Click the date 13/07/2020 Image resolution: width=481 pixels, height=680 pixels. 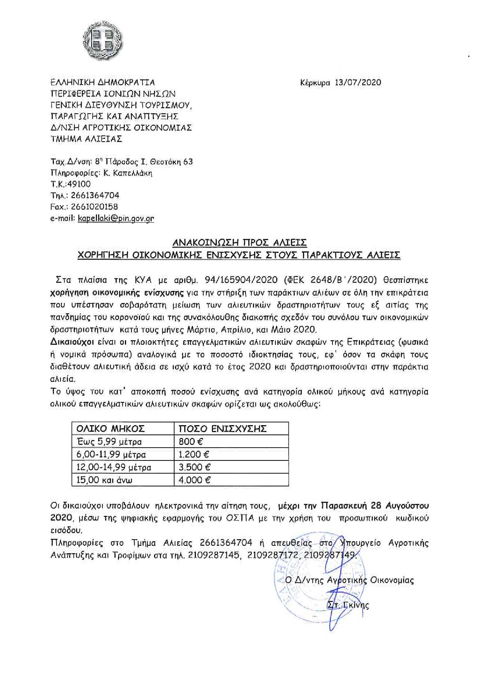click(358, 82)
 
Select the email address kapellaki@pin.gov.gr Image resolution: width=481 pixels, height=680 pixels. click(116, 218)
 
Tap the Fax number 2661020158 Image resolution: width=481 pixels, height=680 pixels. click(94, 207)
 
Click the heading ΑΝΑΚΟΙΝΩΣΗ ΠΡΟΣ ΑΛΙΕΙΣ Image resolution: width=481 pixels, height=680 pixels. click(240, 243)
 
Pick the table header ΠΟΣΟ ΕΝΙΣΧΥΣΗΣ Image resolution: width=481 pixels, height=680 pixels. click(222, 429)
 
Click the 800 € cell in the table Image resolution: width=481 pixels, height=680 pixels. click(191, 441)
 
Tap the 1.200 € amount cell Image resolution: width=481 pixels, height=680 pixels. click(195, 454)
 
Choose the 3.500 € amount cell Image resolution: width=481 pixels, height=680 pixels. click(195, 467)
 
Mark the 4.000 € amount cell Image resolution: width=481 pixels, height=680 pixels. click(195, 480)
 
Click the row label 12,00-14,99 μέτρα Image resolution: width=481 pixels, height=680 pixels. click(114, 467)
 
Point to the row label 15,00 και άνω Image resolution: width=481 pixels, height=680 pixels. click(104, 480)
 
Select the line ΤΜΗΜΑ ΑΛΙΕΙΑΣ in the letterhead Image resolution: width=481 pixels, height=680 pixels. click(87, 138)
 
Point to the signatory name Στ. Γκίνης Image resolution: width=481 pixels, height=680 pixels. click(348, 605)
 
